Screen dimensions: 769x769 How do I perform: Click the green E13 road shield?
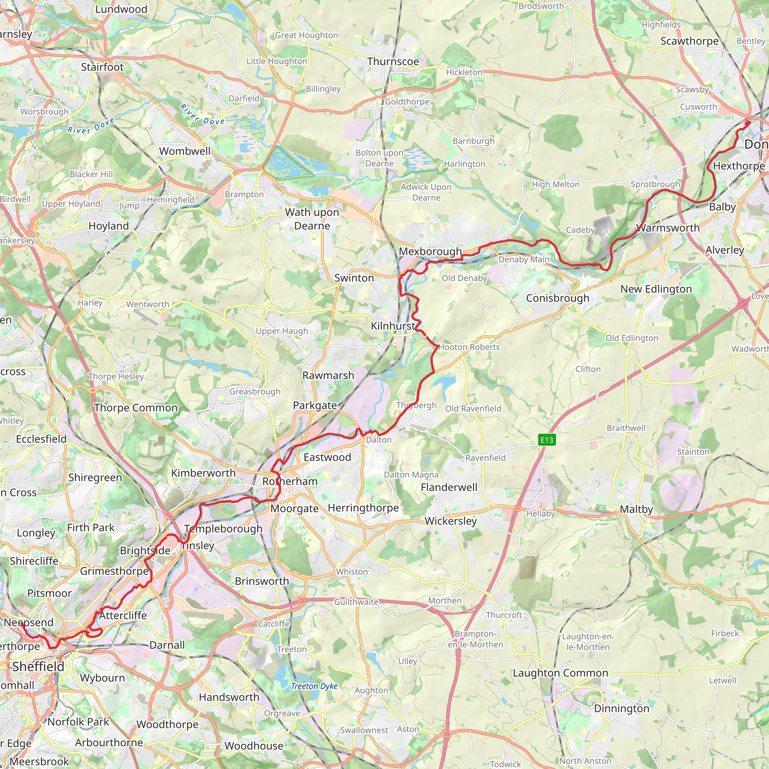click(546, 440)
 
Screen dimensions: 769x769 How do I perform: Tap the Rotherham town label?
click(290, 481)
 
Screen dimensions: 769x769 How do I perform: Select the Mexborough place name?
click(430, 252)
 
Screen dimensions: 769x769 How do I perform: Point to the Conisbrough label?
click(558, 298)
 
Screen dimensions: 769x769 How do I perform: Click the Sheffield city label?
click(38, 666)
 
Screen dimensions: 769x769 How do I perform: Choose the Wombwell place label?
click(185, 151)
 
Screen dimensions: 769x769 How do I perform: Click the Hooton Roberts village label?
click(469, 347)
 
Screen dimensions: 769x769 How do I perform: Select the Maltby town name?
click(636, 510)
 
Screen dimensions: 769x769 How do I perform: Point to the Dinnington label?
click(621, 709)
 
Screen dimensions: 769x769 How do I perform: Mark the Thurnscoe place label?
click(393, 62)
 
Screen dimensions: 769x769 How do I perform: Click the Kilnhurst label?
click(393, 326)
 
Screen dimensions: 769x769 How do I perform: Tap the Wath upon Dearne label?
click(312, 219)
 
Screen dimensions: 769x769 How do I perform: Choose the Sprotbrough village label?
click(655, 184)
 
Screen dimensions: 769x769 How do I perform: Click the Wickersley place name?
click(451, 521)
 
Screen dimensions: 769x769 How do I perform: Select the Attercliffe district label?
click(123, 615)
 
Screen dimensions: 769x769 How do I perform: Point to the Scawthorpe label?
click(689, 41)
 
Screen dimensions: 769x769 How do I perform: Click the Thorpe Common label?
click(136, 408)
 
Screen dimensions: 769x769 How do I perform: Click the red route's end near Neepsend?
click(22, 624)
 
